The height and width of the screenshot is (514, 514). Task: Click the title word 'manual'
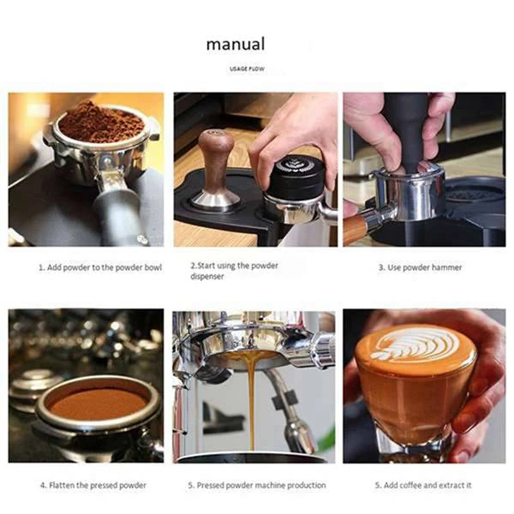[235, 44]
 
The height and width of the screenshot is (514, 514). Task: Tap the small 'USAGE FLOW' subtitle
[247, 69]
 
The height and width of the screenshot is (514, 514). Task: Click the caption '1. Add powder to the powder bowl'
[100, 267]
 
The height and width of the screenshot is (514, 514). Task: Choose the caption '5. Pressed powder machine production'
[256, 485]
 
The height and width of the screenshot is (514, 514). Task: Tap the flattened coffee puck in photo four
[96, 403]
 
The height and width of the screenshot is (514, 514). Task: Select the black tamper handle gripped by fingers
[406, 128]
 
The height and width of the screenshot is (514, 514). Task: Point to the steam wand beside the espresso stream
[289, 411]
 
